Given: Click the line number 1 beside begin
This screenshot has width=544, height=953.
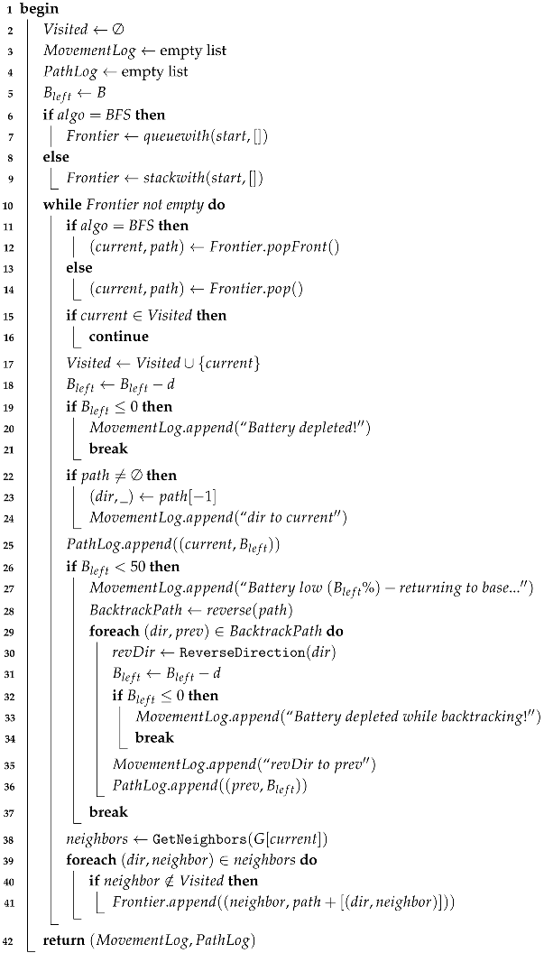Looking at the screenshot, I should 7,9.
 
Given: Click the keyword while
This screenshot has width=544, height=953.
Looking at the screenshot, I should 60,204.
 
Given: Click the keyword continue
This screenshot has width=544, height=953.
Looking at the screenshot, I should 119,337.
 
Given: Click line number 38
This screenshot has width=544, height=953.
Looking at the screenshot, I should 10,837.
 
